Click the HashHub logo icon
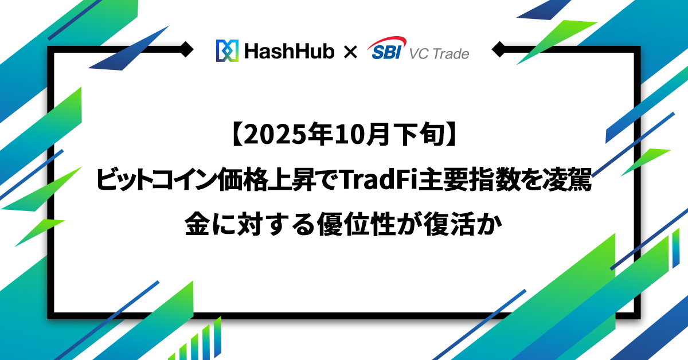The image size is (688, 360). tap(227, 50)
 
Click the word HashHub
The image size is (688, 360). tap(290, 51)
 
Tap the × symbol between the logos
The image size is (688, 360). tap(350, 52)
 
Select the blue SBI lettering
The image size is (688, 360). tap(386, 52)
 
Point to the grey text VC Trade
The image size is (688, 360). tap(439, 54)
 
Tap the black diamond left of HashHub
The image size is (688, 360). tap(186, 49)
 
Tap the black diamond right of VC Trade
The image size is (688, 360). tap(499, 49)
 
